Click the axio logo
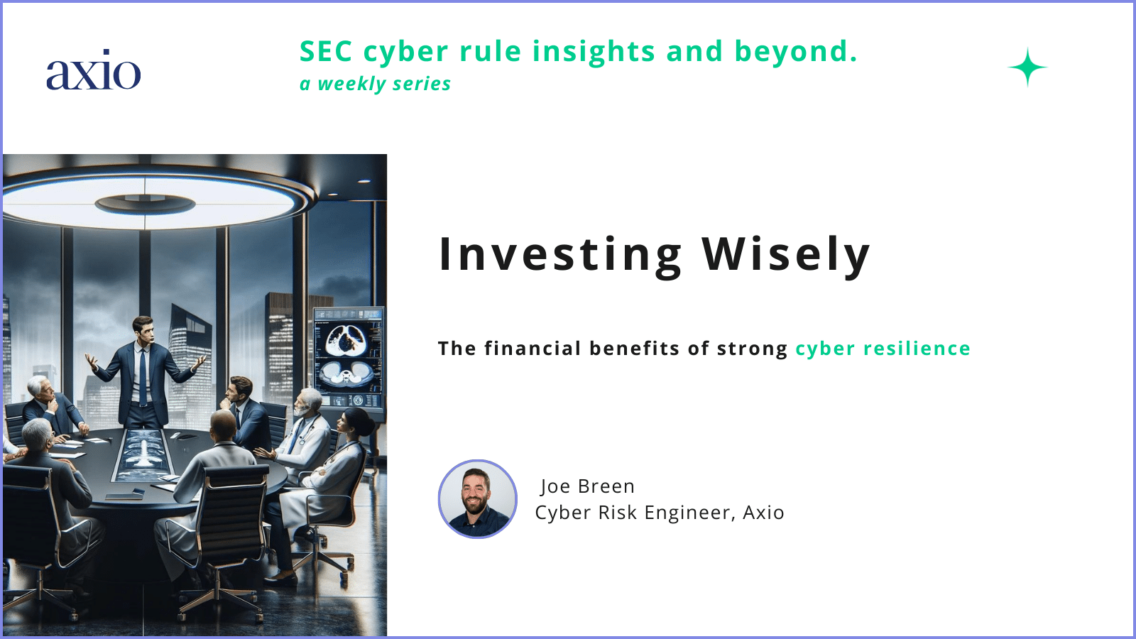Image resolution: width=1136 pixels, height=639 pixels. point(93,71)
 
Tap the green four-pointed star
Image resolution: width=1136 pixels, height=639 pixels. point(1027,67)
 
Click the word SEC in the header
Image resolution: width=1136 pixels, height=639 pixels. point(326,52)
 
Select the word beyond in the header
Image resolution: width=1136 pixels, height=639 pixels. point(795,52)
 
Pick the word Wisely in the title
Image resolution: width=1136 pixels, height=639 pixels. point(786,254)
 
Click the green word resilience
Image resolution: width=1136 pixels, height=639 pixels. point(917,349)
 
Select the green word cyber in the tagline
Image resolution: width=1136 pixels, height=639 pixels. point(825,349)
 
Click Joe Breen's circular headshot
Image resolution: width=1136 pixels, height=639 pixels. point(478,498)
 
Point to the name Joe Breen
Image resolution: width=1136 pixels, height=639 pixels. point(587,486)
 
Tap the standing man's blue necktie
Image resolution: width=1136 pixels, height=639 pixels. point(143,376)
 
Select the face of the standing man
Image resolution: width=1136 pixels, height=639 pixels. point(144,330)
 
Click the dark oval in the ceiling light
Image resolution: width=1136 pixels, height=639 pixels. point(145,204)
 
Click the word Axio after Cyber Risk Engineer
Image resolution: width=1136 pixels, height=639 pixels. point(763,513)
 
